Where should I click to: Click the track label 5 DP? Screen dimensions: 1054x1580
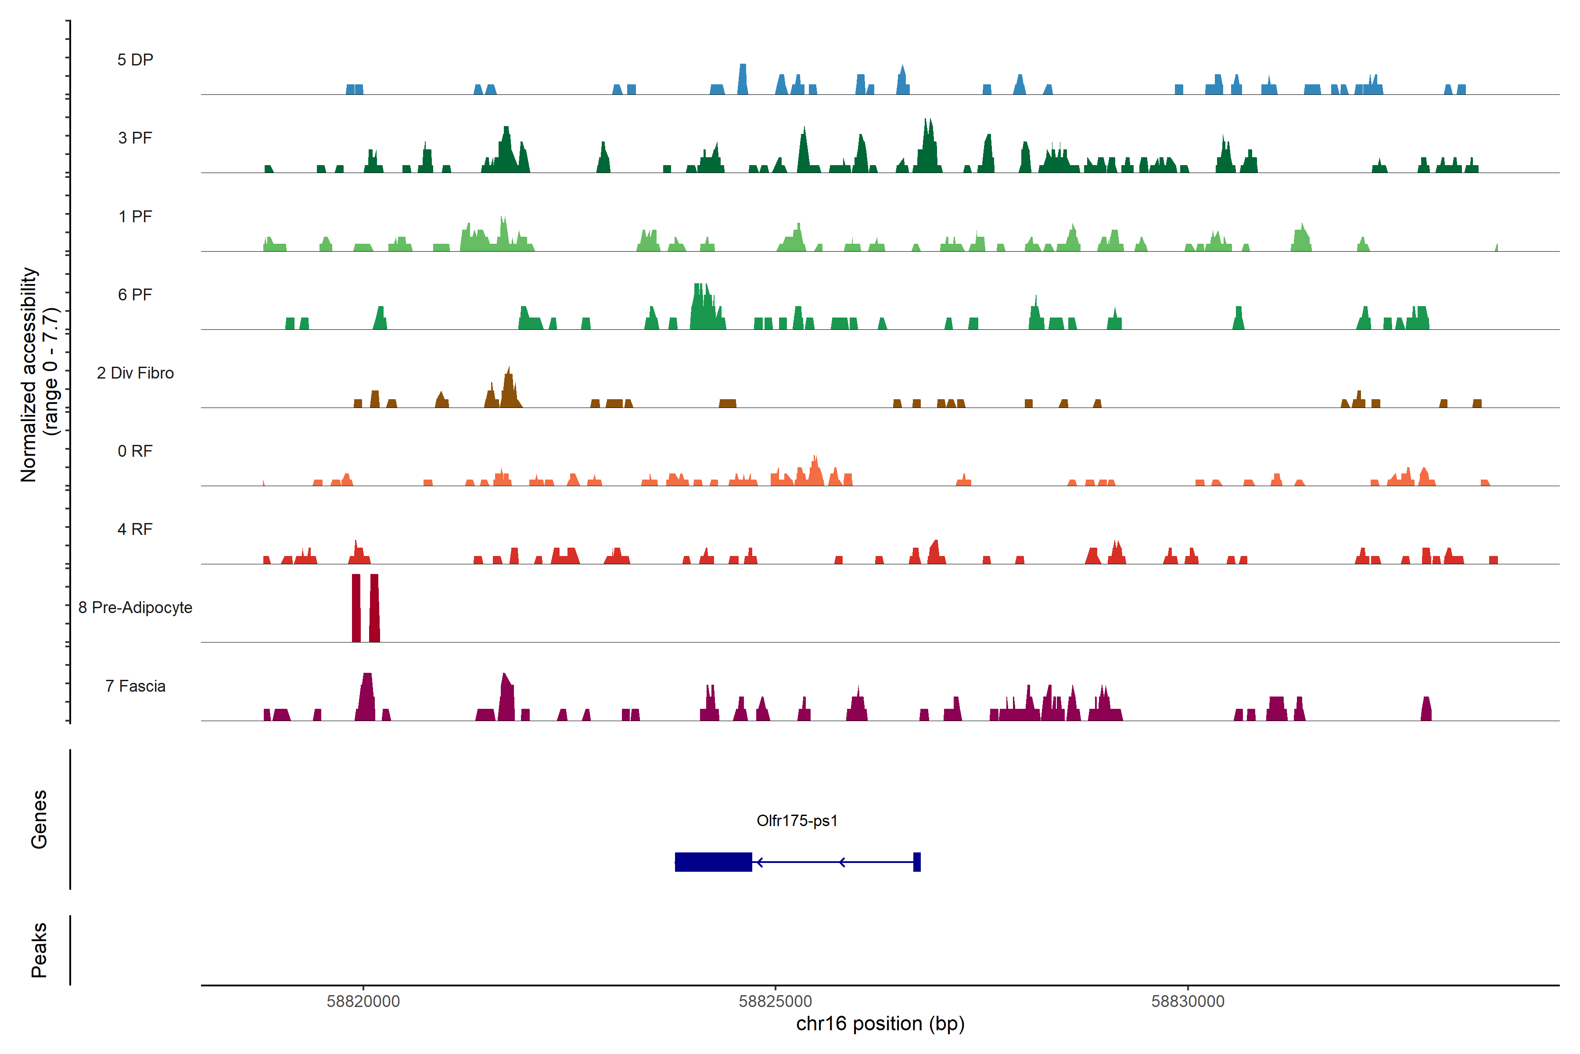[x=135, y=60]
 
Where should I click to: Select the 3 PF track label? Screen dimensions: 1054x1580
[x=135, y=138]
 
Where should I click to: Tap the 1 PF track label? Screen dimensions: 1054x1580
[x=135, y=217]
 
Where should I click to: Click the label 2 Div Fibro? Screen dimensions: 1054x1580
[x=135, y=373]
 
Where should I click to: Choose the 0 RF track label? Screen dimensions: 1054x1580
[x=135, y=451]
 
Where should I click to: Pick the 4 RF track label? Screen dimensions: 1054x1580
[x=135, y=529]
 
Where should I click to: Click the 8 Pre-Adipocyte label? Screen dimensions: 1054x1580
[x=135, y=608]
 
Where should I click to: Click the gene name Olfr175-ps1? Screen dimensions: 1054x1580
[x=797, y=821]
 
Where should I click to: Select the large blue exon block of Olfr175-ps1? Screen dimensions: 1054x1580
[x=713, y=862]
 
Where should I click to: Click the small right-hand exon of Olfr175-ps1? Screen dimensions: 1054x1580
[x=917, y=862]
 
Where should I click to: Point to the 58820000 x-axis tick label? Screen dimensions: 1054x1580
[x=363, y=1002]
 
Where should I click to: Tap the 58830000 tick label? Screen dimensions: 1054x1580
[x=1188, y=1002]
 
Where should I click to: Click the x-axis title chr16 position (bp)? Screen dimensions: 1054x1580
[x=880, y=1024]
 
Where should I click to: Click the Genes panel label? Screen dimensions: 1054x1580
[x=39, y=819]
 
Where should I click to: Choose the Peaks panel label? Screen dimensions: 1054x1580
[x=39, y=950]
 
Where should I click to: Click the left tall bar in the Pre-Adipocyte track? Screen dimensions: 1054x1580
[x=356, y=608]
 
